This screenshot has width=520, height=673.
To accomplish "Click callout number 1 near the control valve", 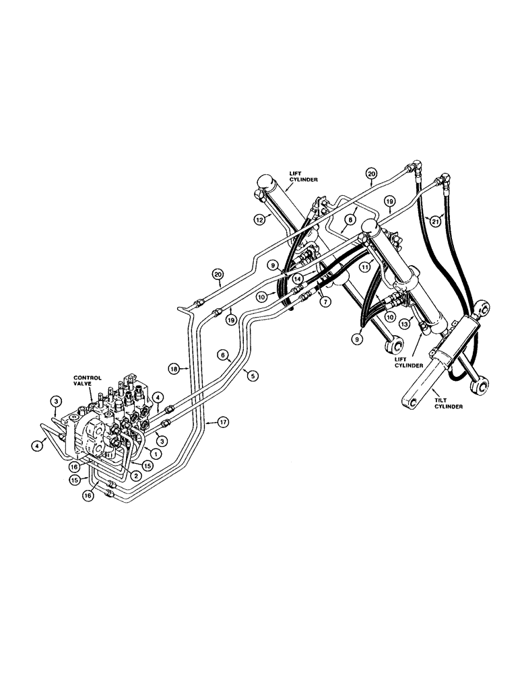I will [156, 453].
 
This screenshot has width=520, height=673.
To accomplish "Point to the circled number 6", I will [222, 355].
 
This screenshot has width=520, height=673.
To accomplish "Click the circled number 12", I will [259, 219].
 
